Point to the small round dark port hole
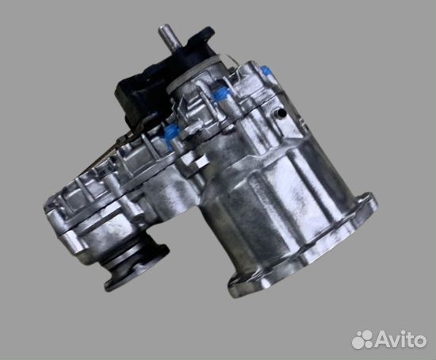point(281,113)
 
